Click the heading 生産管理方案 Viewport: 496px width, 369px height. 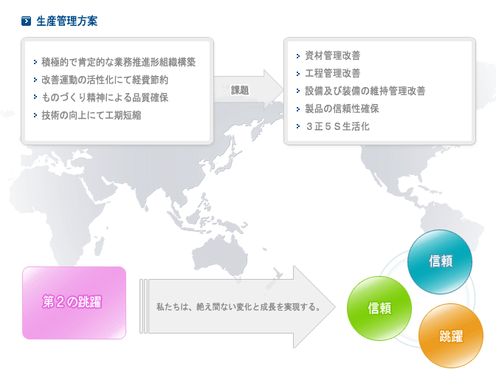[66, 21]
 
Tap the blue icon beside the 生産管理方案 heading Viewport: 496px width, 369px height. [26, 21]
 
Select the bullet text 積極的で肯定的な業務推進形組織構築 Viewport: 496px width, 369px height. [118, 62]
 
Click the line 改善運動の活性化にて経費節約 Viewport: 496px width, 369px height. [105, 80]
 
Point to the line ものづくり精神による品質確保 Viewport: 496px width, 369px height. [105, 97]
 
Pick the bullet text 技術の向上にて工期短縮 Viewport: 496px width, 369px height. [92, 115]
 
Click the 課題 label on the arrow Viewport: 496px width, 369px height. [240, 91]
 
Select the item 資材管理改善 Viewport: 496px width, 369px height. [332, 55]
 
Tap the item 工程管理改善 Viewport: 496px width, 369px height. [332, 73]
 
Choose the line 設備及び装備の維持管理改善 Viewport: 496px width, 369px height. [365, 91]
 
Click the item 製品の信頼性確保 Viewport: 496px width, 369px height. [342, 108]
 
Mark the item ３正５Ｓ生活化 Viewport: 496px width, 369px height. [337, 126]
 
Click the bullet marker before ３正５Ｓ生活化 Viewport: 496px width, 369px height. [298, 126]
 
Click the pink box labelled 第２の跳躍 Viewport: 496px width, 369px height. [74, 303]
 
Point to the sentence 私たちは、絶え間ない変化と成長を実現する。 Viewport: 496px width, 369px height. [239, 307]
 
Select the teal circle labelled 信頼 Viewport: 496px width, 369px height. [440, 262]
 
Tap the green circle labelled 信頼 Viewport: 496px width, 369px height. [379, 308]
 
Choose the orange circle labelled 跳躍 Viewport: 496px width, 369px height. [451, 336]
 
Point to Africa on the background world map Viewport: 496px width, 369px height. [60, 215]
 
